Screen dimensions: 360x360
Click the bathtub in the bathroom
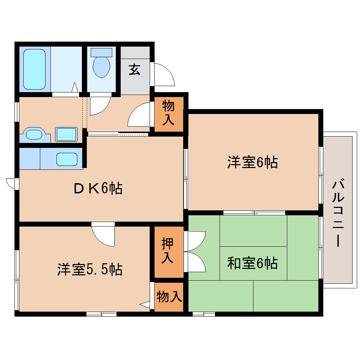tap(34, 69)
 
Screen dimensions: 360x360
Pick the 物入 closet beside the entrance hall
tap(168, 113)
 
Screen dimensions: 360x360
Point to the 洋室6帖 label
tap(252, 162)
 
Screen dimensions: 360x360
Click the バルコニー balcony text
tap(338, 214)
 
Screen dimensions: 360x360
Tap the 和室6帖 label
tap(252, 263)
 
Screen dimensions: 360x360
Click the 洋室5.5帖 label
tap(90, 270)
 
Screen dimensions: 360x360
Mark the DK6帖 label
tap(98, 188)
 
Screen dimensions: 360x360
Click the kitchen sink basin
tap(67, 160)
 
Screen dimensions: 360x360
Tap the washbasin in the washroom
tap(34, 134)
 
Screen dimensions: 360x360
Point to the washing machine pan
tap(66, 134)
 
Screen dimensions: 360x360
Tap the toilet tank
tap(101, 52)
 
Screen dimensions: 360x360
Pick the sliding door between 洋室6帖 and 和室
tap(254, 212)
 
